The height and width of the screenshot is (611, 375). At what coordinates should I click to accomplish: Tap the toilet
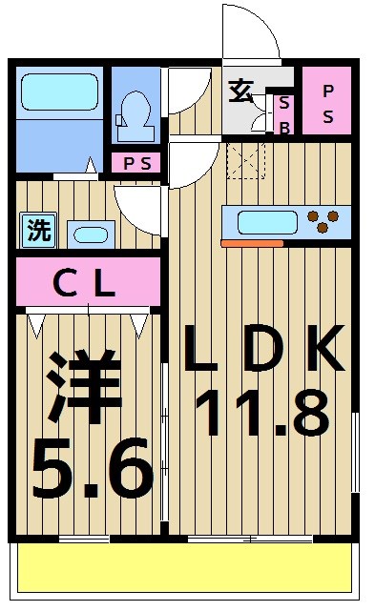point(135,113)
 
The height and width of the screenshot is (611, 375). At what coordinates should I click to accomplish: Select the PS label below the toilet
point(135,163)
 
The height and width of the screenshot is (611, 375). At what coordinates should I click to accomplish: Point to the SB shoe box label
point(283,114)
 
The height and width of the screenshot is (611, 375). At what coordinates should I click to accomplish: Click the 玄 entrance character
point(240,93)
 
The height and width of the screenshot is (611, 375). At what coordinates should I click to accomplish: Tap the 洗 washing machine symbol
point(38,230)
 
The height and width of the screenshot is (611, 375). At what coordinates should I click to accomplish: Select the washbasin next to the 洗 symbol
point(90,234)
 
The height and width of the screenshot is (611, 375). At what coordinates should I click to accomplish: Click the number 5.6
point(92,467)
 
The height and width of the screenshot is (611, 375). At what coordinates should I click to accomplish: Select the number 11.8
point(261,411)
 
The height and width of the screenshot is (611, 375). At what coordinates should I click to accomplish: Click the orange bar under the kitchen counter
point(252,244)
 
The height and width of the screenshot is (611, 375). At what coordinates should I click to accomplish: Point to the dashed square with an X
point(245,159)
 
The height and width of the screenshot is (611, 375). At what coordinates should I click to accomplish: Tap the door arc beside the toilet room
point(186,91)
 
